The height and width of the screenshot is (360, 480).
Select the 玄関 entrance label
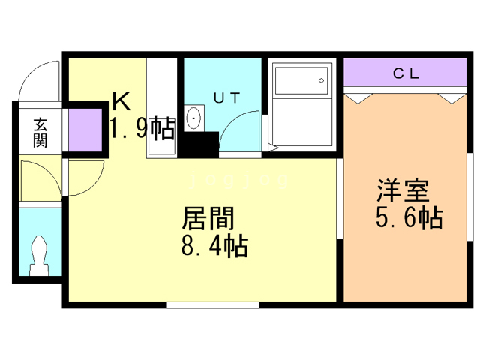40,132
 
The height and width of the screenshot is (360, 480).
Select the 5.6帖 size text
408,218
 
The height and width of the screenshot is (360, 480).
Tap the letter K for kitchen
121,100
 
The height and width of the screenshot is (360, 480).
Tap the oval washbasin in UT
195,118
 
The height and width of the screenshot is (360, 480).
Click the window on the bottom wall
212,304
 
